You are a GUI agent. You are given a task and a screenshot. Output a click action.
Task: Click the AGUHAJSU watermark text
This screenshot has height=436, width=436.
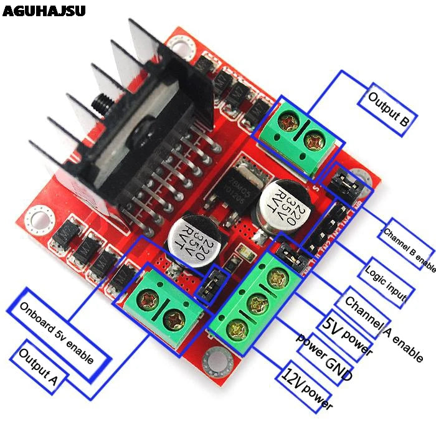(44, 11)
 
